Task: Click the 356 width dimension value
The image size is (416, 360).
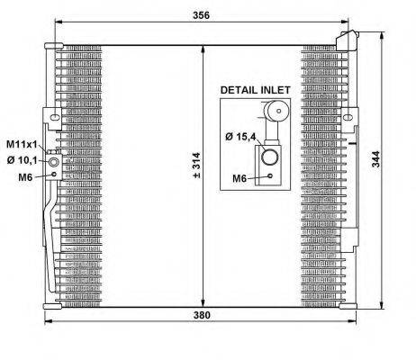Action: [201, 15]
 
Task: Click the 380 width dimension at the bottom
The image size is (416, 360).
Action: [202, 315]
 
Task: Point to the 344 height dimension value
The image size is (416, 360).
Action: [375, 159]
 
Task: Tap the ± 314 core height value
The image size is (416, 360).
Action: [197, 166]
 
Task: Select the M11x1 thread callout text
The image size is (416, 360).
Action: [22, 145]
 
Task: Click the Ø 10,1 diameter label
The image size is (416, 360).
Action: [22, 160]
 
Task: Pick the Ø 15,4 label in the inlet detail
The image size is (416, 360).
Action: [240, 137]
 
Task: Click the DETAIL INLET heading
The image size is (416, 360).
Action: [255, 90]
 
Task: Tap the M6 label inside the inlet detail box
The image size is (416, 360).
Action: [240, 179]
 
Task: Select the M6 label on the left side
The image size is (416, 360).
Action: [25, 177]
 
